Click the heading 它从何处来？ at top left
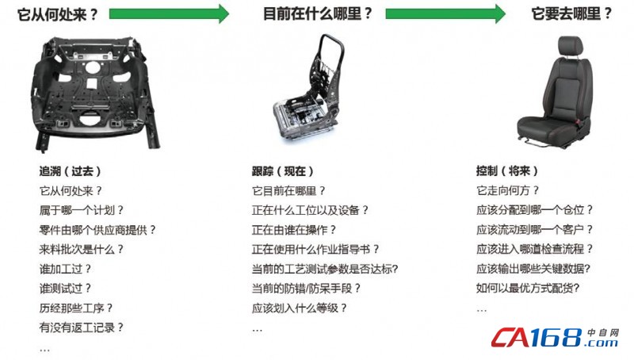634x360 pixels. click(x=57, y=14)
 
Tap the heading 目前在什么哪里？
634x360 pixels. click(x=318, y=13)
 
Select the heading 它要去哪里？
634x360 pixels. click(x=571, y=13)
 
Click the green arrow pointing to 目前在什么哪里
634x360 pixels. click(x=169, y=13)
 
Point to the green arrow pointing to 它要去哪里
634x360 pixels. click(x=445, y=13)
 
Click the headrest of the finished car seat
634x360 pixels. click(x=571, y=46)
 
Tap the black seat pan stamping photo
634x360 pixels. click(x=95, y=93)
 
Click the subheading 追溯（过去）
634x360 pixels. click(x=70, y=171)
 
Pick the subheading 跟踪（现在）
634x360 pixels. click(x=283, y=171)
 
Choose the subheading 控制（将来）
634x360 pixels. click(x=507, y=170)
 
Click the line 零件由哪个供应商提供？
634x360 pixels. click(x=97, y=230)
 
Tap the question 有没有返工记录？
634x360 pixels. click(x=82, y=327)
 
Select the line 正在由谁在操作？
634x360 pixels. click(x=294, y=230)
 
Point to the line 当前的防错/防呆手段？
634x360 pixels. click(x=306, y=289)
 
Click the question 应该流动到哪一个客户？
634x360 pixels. click(x=534, y=230)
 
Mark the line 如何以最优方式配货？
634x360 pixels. click(x=528, y=289)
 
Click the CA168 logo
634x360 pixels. click(x=556, y=337)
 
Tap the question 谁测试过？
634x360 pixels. click(x=65, y=289)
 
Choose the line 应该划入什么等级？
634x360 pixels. click(x=300, y=308)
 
